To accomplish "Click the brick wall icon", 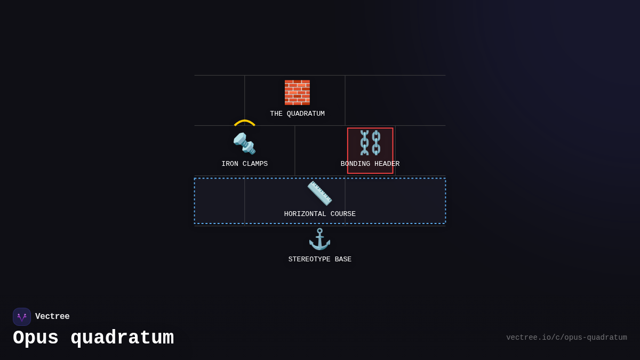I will point(297,92).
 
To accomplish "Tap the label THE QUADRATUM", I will point(297,114).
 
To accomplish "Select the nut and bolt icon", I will point(244,143).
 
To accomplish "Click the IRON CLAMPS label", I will point(244,164).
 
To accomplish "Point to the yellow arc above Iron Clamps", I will point(245,122).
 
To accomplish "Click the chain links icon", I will point(370,142).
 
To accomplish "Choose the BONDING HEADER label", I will point(370,164).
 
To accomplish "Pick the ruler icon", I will point(319,193).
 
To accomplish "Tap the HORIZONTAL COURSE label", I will point(320,214).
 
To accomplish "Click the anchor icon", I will point(319,239).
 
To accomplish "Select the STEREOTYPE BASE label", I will point(320,259).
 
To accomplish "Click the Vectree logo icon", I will point(22,317).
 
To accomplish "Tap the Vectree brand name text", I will point(52,317).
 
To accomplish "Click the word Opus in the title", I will point(36,338).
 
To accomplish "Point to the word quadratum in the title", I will point(122,338).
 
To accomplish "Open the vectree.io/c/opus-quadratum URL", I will point(566,338).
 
